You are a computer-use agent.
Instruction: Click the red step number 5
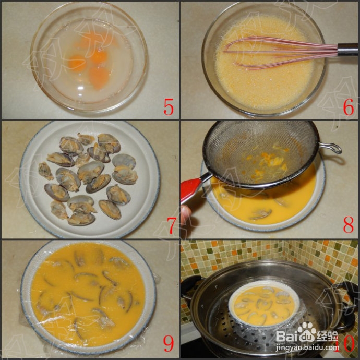click(x=169, y=106)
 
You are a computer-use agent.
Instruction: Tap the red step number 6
click(x=349, y=106)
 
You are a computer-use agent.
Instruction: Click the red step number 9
click(x=169, y=343)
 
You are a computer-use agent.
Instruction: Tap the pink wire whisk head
click(x=271, y=52)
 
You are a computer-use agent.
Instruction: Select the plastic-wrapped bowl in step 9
click(x=89, y=295)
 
